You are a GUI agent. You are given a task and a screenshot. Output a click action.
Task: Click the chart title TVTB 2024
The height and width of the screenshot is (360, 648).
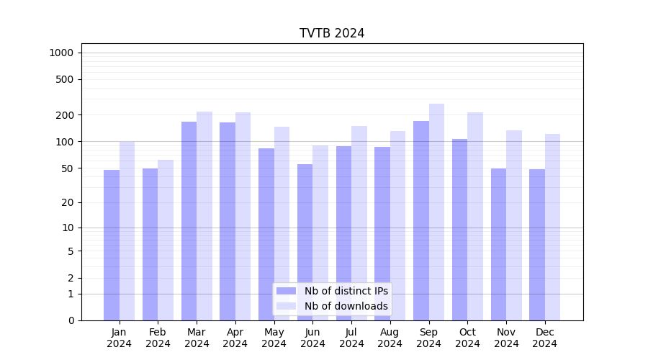coord(332,34)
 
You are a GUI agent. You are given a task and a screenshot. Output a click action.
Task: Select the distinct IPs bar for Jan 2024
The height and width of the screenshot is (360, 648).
coord(112,245)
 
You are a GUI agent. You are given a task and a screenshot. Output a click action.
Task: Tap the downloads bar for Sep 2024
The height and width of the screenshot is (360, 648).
coord(436,212)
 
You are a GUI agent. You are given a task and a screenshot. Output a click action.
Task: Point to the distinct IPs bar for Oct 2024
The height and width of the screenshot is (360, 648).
coord(459,230)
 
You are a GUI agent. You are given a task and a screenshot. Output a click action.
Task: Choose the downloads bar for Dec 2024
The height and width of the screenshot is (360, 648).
coord(552,227)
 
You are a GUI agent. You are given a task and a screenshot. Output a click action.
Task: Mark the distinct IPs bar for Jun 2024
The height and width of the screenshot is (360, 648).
coord(305,242)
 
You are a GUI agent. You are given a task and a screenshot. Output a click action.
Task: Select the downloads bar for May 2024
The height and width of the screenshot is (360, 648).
coord(282,223)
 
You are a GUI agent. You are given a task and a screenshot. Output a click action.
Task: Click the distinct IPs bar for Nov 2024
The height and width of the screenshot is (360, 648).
coord(498,244)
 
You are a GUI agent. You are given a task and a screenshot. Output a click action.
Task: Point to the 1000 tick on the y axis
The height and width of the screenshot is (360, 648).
coord(61,53)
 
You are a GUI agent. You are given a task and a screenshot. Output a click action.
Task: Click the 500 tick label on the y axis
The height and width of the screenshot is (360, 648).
coord(65,79)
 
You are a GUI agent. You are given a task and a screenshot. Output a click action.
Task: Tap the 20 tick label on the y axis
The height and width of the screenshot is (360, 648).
coord(68,202)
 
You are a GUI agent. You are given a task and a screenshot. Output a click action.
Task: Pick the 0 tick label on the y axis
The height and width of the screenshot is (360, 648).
coord(71,320)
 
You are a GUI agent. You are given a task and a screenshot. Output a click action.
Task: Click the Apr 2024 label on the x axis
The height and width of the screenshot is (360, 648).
coord(235,338)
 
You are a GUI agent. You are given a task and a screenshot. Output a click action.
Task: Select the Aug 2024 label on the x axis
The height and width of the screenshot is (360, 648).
coord(390,338)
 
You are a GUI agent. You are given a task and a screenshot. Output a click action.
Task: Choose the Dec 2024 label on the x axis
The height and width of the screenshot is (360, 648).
coord(544,338)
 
